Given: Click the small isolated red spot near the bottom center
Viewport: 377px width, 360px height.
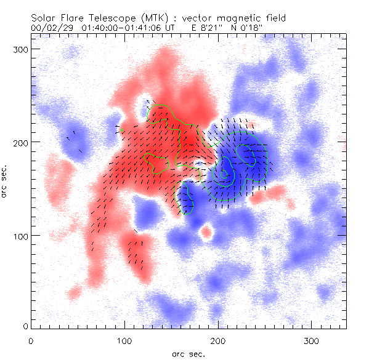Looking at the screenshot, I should pyautogui.click(x=206, y=233).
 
